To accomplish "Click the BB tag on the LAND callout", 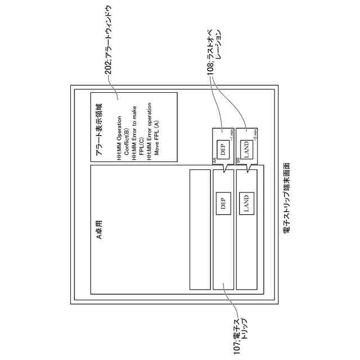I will pyautogui.click(x=237, y=161).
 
